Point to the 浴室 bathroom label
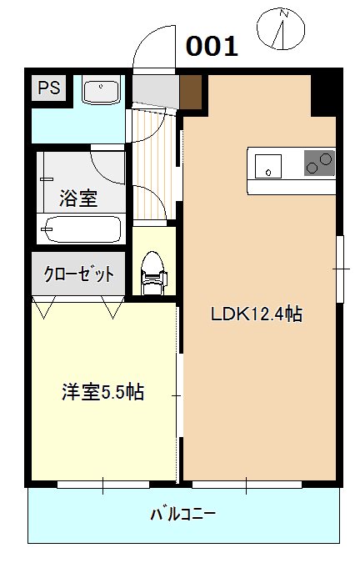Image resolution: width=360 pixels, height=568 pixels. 78,199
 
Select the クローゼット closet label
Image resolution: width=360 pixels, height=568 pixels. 79,274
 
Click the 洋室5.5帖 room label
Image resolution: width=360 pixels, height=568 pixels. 103,392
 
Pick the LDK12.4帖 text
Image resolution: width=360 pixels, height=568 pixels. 256,314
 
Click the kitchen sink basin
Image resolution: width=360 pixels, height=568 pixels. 268,163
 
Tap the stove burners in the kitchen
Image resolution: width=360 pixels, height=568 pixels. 318,162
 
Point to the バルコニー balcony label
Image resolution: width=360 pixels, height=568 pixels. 182,514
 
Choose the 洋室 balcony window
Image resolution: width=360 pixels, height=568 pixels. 103,484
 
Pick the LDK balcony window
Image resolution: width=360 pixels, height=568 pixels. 247,484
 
